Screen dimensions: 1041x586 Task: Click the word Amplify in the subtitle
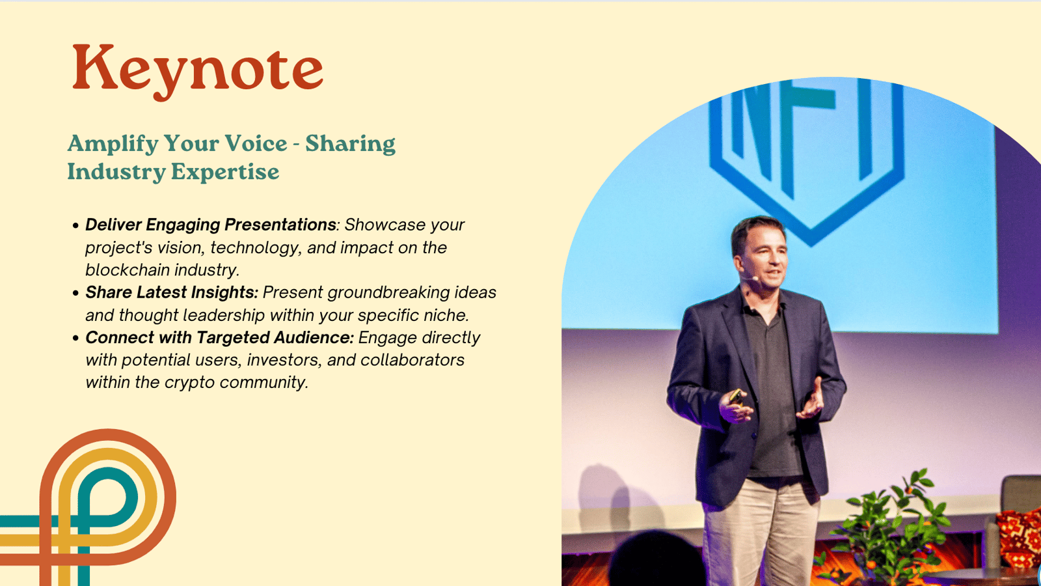(x=113, y=144)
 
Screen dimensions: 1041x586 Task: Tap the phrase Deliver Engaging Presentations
(x=211, y=225)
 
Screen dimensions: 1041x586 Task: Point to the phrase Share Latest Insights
(x=172, y=292)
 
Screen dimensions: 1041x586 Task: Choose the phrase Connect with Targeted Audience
(x=219, y=338)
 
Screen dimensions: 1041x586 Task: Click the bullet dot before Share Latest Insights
(x=75, y=293)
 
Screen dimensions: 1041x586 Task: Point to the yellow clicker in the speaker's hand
(x=735, y=396)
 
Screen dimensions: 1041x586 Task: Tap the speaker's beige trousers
(x=762, y=530)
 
